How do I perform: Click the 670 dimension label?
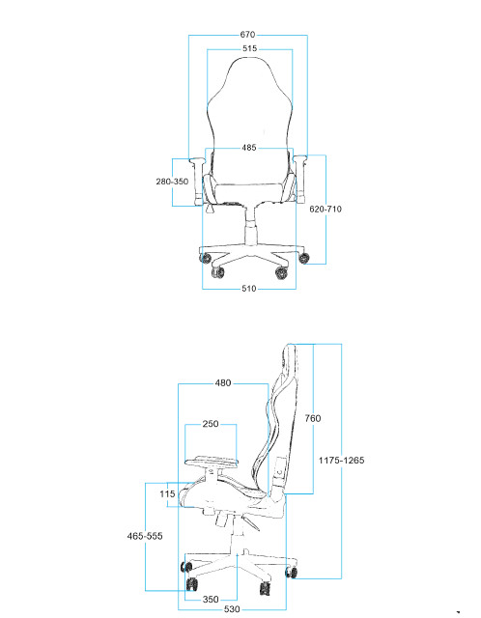247,35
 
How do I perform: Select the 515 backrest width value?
249,48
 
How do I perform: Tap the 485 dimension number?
249,148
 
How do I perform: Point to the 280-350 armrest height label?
172,182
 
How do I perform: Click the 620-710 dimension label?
325,209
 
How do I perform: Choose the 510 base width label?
249,289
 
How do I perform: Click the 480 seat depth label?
223,383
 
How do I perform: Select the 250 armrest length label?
211,424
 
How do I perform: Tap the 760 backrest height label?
313,418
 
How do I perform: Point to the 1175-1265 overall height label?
341,461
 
